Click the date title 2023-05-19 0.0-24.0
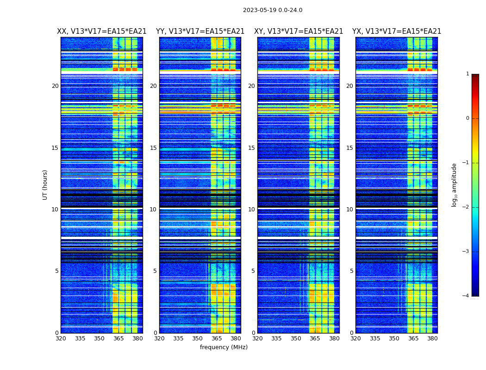(x=273, y=10)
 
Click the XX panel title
(x=102, y=31)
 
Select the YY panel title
(x=200, y=31)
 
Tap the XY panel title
(x=299, y=31)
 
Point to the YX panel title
(x=397, y=31)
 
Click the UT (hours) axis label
(x=45, y=185)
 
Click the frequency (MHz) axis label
(x=224, y=347)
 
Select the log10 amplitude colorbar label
(x=455, y=185)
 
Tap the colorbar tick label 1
(x=467, y=74)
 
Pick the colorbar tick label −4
(x=466, y=296)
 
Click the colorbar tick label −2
(x=466, y=207)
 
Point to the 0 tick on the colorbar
(x=467, y=118)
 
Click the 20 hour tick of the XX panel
(x=55, y=86)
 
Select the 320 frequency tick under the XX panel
(x=61, y=339)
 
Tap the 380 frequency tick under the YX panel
(x=432, y=339)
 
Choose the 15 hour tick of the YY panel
(x=153, y=148)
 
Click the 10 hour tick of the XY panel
(x=251, y=210)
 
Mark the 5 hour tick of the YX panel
(x=352, y=271)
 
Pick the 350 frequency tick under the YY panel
(x=198, y=339)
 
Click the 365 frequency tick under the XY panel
(x=315, y=339)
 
